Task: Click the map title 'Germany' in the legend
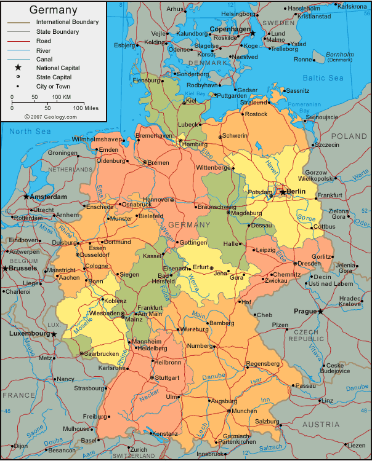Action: [x=53, y=10]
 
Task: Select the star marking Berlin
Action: [x=283, y=192]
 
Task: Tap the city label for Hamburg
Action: [x=195, y=144]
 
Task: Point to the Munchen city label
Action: [x=244, y=411]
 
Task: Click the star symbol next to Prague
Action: [x=321, y=312]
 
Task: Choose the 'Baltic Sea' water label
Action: [x=323, y=78]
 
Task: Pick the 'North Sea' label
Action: [x=29, y=132]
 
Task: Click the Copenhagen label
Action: [x=230, y=29]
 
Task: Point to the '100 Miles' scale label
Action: [x=87, y=108]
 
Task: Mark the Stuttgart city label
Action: [x=168, y=377]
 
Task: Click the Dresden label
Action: [x=308, y=263]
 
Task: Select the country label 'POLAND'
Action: [x=349, y=136]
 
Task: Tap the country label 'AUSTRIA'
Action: [x=320, y=425]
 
